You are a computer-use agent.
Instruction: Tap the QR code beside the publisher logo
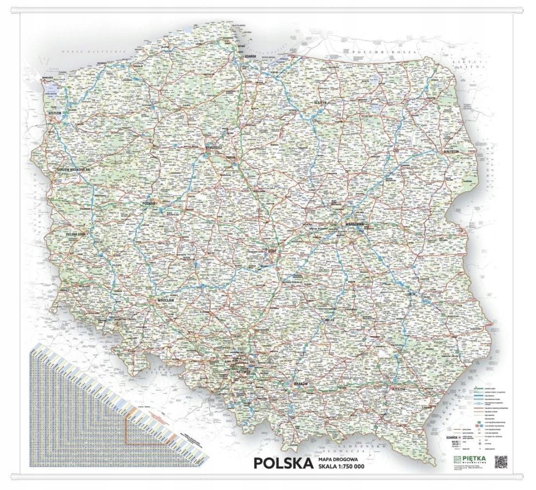[501, 461]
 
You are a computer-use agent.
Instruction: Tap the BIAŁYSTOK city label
[452, 151]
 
